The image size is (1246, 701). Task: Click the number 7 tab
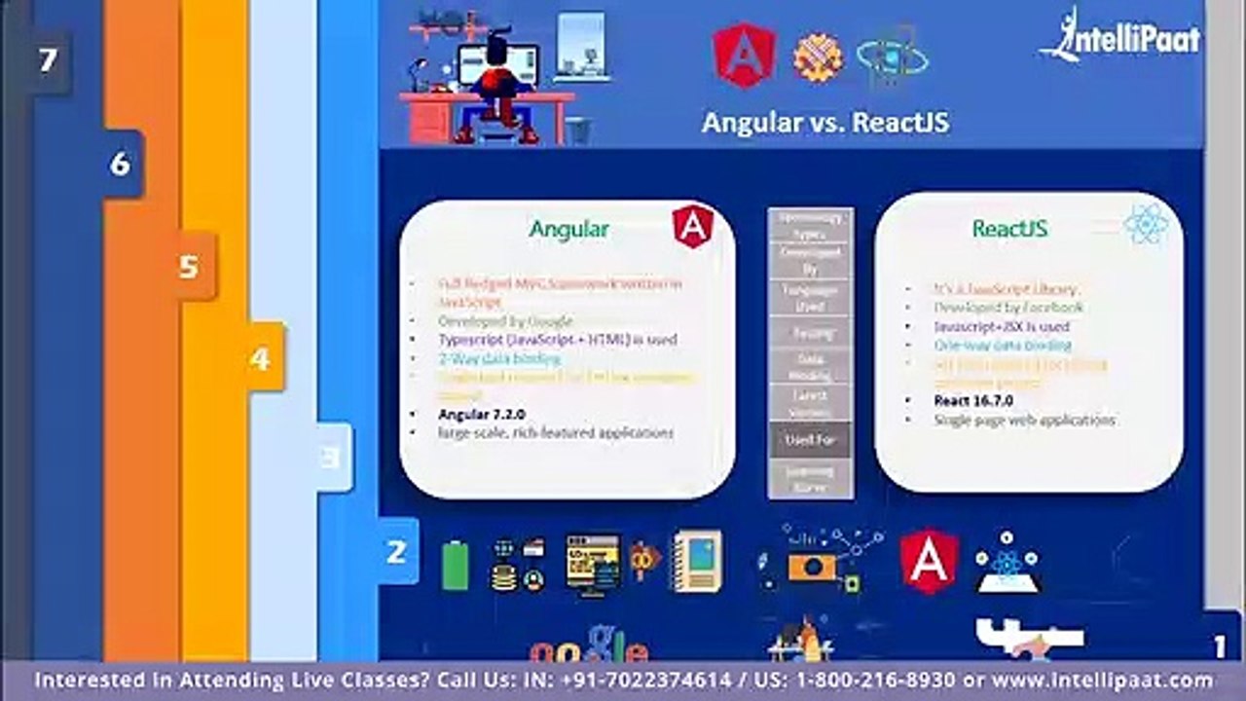pos(47,61)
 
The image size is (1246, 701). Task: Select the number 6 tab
pos(120,164)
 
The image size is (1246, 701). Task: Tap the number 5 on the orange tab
pos(189,266)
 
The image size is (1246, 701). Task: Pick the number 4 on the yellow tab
pos(259,358)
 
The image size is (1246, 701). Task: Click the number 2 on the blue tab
pos(396,552)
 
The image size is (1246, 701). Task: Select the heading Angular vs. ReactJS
pos(825,123)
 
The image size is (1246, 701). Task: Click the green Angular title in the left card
pos(568,230)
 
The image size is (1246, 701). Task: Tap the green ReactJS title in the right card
pos(1009,230)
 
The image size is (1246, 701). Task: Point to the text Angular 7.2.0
pos(481,414)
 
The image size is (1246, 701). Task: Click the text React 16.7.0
pos(973,400)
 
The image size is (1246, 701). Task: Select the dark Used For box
pos(810,440)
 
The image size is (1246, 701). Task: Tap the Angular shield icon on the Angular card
pos(692,227)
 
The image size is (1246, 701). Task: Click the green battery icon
pos(455,565)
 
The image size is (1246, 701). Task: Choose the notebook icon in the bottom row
pos(697,561)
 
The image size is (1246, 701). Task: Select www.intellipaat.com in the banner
pos(1102,681)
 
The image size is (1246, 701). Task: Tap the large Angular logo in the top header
pos(744,55)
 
